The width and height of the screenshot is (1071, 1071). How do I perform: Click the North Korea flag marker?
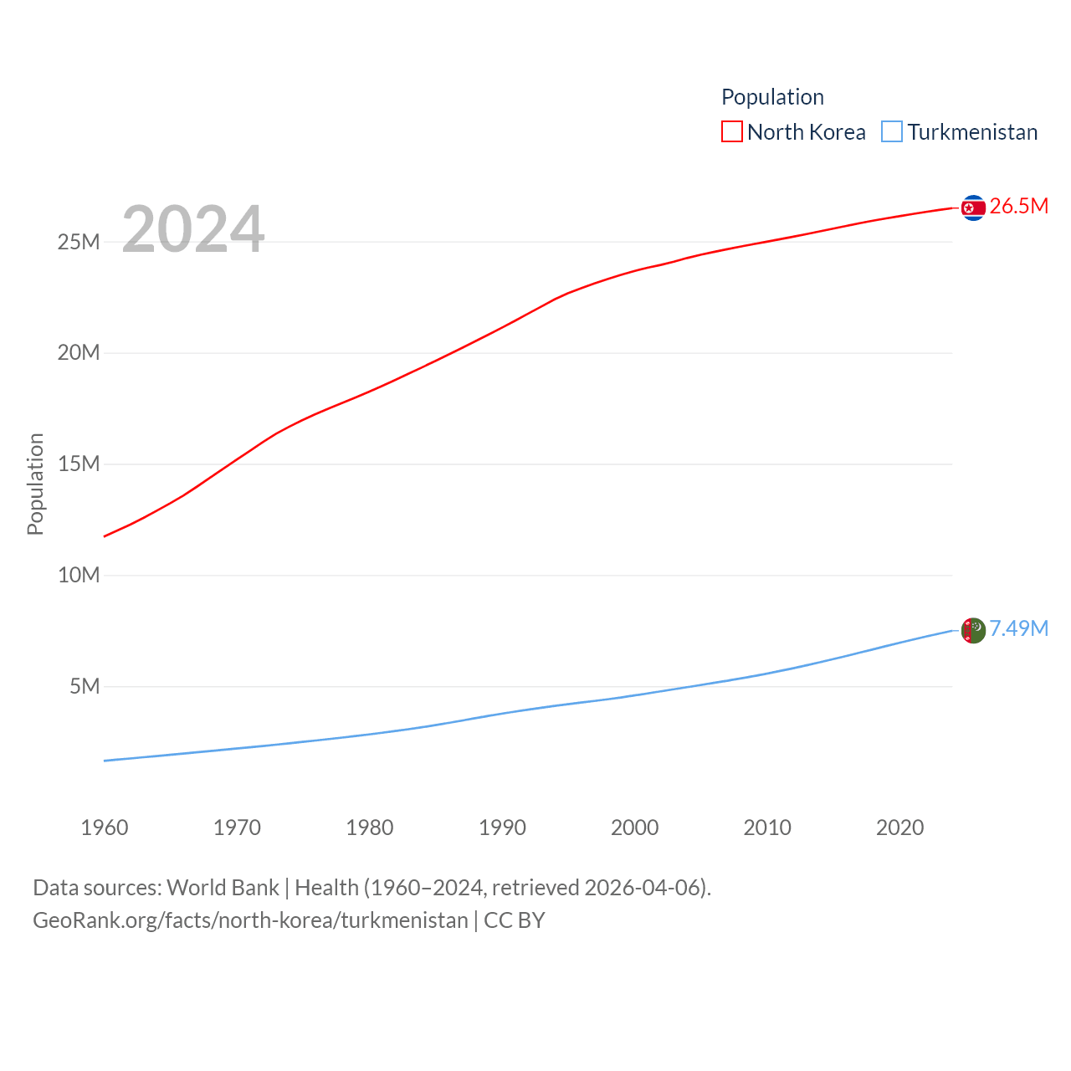(x=973, y=208)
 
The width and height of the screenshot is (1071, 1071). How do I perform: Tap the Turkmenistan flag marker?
(x=973, y=630)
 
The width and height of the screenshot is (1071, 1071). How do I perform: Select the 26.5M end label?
(x=1018, y=206)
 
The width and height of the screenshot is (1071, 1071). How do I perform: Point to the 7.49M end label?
(x=1018, y=628)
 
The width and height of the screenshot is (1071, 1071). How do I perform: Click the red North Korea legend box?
(x=732, y=132)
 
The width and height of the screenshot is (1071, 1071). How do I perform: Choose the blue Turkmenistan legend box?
(x=892, y=132)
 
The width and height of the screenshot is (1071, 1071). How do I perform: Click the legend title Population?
(x=772, y=97)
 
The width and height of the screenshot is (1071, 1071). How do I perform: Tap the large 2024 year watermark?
(x=193, y=228)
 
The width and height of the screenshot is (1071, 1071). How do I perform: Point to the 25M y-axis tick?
(x=79, y=242)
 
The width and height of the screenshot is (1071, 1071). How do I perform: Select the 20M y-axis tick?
(x=79, y=352)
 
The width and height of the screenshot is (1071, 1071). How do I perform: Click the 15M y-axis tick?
(x=79, y=464)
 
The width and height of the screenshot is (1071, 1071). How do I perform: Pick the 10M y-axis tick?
(x=79, y=575)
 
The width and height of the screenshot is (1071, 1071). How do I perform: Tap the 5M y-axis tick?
(x=85, y=686)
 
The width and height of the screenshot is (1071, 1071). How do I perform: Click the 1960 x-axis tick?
(x=105, y=828)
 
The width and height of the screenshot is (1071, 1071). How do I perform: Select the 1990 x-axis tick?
(x=502, y=828)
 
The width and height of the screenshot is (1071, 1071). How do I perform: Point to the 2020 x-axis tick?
(x=899, y=828)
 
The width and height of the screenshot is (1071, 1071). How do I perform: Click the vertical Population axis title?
(x=35, y=484)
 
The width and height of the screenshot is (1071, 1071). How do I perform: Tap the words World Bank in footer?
(x=223, y=887)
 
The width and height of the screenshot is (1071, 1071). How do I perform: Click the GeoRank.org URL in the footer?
(x=250, y=920)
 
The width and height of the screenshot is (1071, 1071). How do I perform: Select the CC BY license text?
(x=515, y=920)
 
